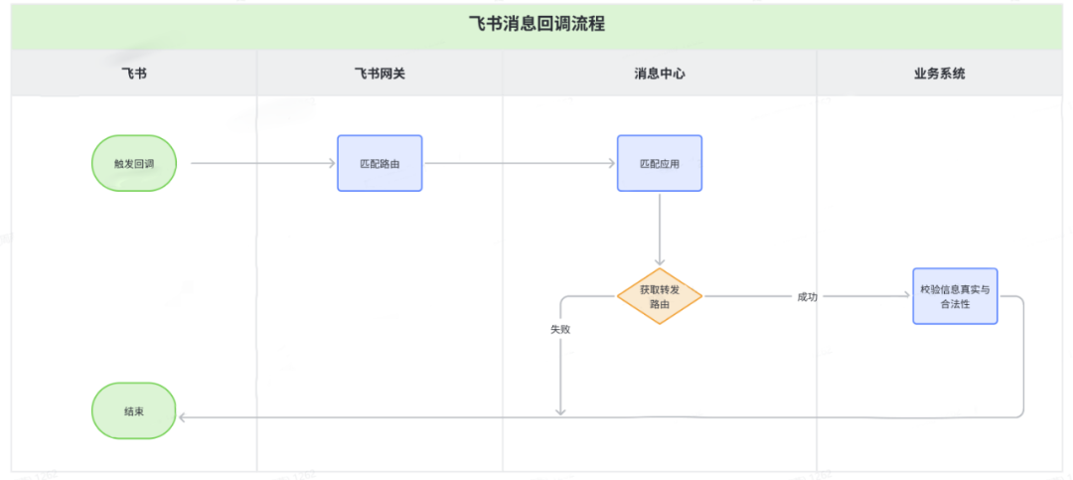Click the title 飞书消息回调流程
[x=536, y=25]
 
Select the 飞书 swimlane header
[x=133, y=74]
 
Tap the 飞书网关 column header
[x=380, y=74]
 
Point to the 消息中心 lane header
[x=660, y=74]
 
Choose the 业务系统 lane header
[x=939, y=74]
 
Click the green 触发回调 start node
[x=134, y=163]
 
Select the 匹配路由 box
[x=380, y=163]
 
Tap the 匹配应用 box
[x=660, y=163]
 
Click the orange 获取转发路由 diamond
[x=660, y=296]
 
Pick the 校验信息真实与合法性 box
[x=955, y=296]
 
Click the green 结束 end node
[x=134, y=410]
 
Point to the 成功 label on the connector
[x=807, y=296]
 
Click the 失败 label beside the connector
[x=560, y=329]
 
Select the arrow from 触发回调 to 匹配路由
[x=263, y=163]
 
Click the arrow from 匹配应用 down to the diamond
[x=660, y=229]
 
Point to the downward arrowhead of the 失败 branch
[x=560, y=409]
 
